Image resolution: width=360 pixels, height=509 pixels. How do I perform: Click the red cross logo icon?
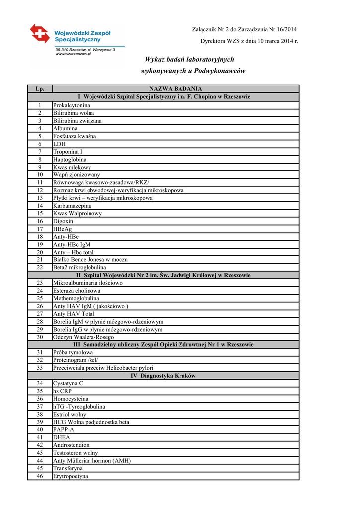(x=40, y=34)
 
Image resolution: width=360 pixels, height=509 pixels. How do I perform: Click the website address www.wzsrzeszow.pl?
(x=73, y=54)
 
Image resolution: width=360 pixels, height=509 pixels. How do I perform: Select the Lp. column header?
(x=40, y=89)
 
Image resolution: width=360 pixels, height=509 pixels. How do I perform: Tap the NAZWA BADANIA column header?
(x=176, y=89)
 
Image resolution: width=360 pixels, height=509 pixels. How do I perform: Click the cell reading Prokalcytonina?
(x=72, y=105)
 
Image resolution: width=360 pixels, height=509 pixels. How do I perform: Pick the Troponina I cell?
(x=68, y=152)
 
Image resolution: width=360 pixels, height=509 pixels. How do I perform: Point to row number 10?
(x=40, y=175)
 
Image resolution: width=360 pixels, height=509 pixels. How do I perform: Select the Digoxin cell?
(x=63, y=221)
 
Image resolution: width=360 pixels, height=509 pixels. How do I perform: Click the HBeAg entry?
(x=63, y=229)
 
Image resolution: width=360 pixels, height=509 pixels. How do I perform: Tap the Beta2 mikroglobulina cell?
(x=80, y=267)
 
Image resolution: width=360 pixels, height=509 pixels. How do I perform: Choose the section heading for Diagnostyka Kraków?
(x=163, y=376)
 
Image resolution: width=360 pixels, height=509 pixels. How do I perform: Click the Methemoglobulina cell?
(x=76, y=298)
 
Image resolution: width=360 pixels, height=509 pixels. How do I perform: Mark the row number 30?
(x=40, y=337)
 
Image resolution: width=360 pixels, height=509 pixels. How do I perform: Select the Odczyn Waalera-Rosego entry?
(x=84, y=337)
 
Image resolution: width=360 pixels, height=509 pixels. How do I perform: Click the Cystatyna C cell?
(x=68, y=384)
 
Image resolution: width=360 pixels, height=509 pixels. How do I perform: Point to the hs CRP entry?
(x=63, y=391)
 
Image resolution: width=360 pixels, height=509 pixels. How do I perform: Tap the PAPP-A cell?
(x=64, y=430)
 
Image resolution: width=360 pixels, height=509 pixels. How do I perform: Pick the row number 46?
(x=40, y=476)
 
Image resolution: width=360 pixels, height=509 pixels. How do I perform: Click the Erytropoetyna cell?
(x=71, y=476)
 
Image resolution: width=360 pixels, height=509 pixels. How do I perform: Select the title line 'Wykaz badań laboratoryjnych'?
(x=189, y=59)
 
